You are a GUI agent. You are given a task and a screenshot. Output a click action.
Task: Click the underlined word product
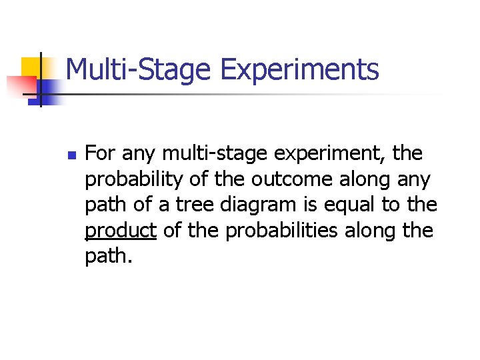click(x=120, y=231)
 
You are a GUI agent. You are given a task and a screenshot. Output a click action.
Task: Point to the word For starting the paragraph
click(x=99, y=154)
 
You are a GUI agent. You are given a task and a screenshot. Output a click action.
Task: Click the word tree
click(x=186, y=205)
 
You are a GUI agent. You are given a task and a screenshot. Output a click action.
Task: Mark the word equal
click(x=349, y=205)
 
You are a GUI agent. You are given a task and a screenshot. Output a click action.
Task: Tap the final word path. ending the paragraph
click(x=109, y=256)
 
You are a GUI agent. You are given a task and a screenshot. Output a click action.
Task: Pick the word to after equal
click(x=391, y=205)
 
